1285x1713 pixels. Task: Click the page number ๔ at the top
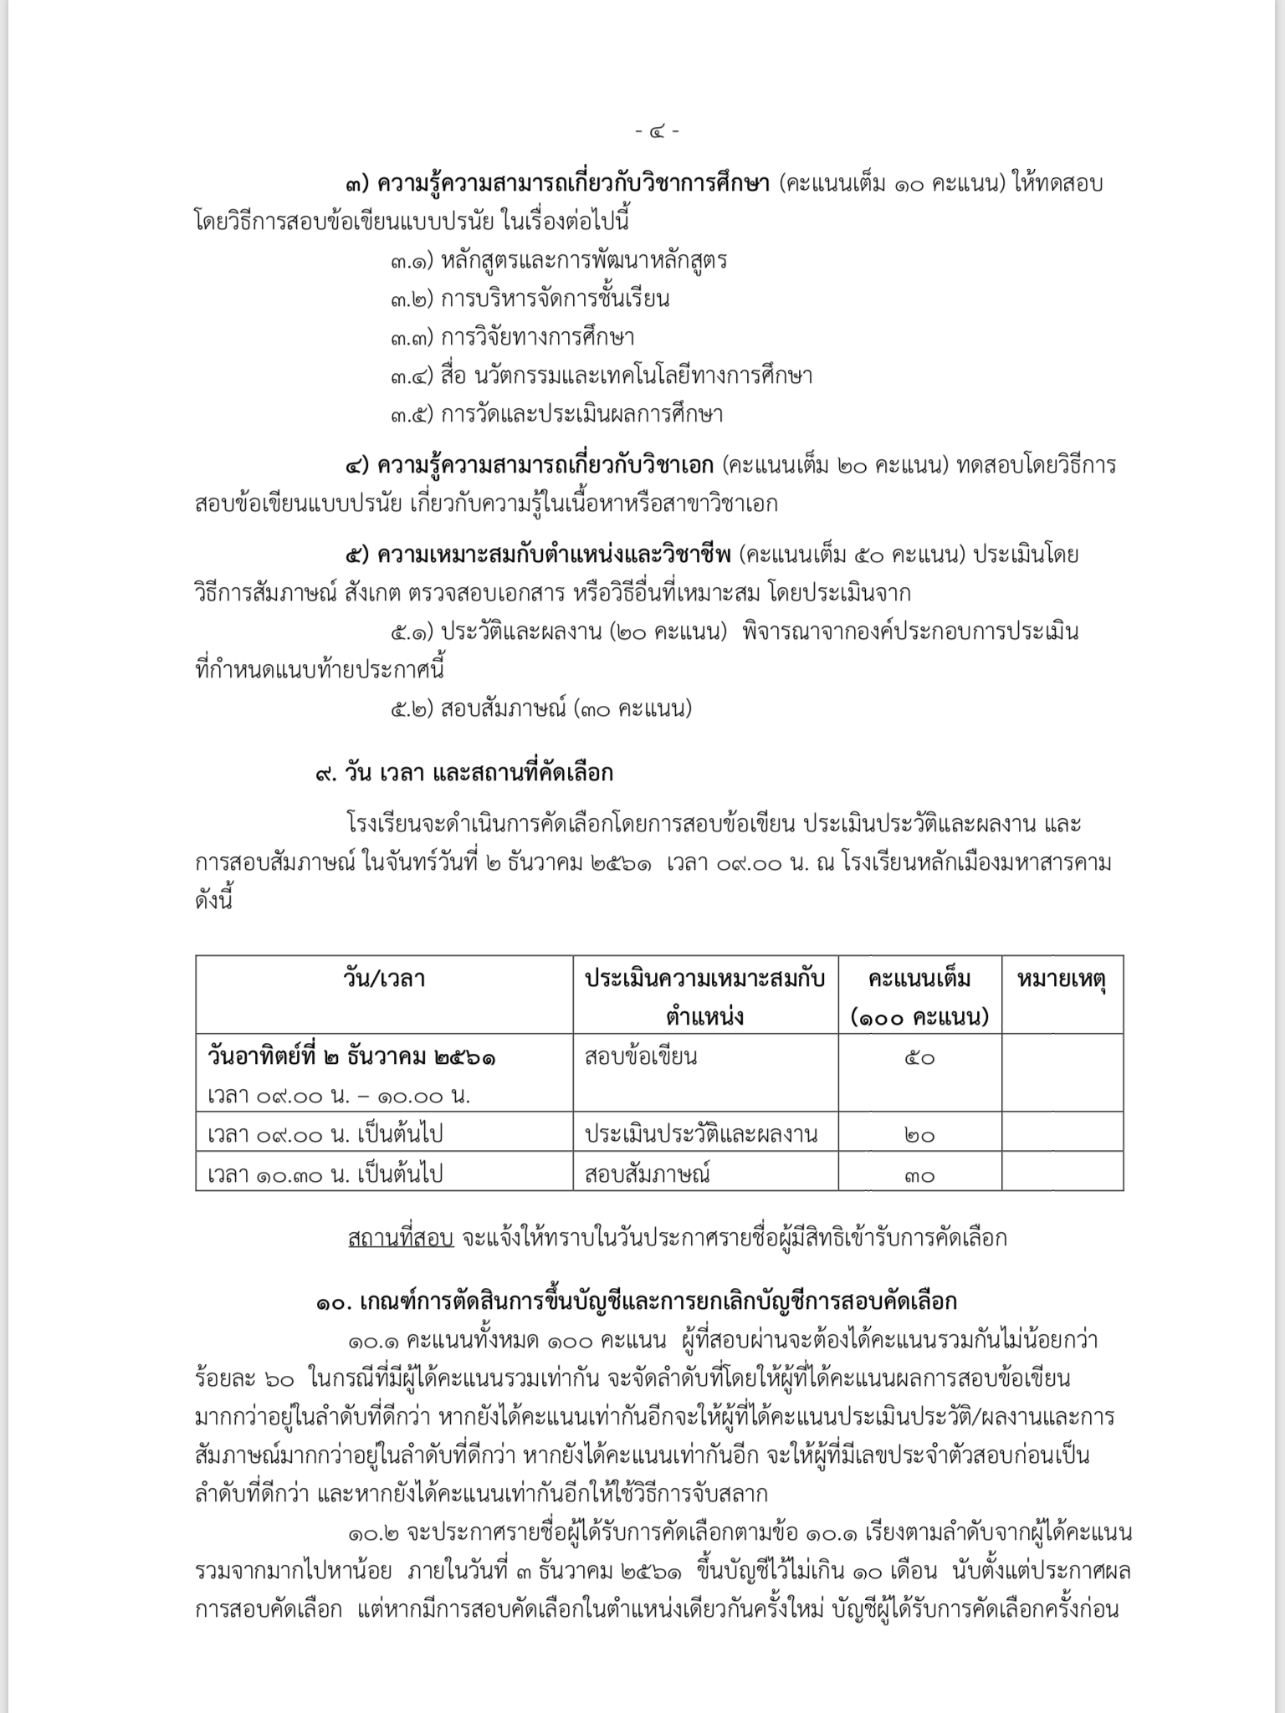[x=657, y=130]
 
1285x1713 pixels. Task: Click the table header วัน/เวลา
[x=384, y=978]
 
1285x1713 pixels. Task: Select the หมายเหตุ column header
[x=1062, y=978]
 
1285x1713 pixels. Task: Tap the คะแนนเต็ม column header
[x=919, y=978]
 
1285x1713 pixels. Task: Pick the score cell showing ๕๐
[x=919, y=1058]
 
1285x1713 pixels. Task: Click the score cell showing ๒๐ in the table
[x=919, y=1135]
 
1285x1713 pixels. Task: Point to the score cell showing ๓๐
[x=919, y=1175]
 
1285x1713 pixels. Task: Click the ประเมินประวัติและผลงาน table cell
[x=701, y=1134]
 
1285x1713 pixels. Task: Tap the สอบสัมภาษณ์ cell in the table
[x=648, y=1174]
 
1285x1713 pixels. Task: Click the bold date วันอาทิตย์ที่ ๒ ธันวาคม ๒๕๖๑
[x=351, y=1056]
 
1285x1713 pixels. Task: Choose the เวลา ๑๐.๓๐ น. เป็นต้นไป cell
[x=325, y=1174]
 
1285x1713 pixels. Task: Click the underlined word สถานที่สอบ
[x=401, y=1238]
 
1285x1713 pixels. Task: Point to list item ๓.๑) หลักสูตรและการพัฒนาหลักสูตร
[x=558, y=260]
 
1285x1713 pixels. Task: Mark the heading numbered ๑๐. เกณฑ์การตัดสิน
[x=637, y=1301]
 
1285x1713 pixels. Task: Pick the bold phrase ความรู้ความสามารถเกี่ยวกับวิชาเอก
[x=545, y=465]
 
